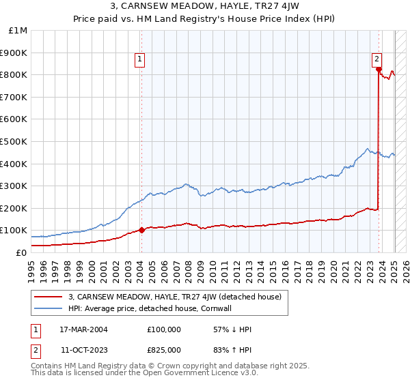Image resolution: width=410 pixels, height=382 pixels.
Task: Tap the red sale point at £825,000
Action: pos(378,69)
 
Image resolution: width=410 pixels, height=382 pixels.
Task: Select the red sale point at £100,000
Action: pos(141,230)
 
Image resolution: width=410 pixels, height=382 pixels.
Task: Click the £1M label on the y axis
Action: pos(19,31)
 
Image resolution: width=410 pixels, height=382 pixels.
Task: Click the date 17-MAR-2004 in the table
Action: pos(83,329)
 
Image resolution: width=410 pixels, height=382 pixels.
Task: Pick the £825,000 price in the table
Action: pos(164,350)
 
